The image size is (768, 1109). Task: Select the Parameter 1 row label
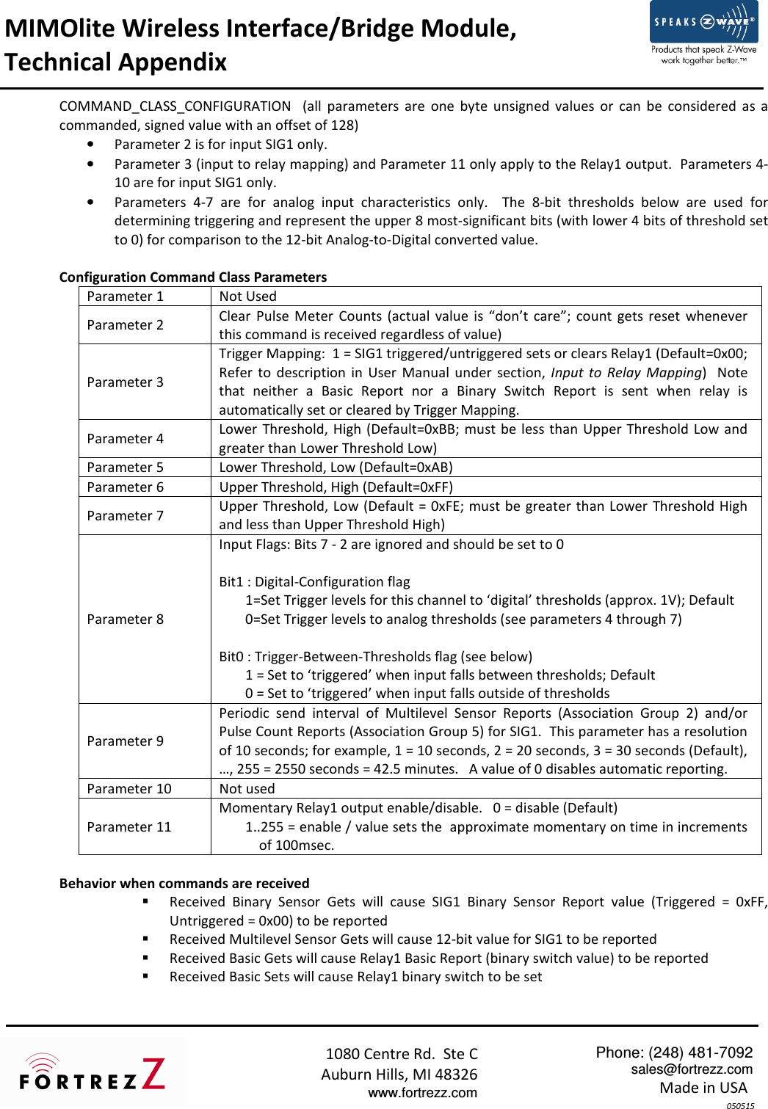coord(126,297)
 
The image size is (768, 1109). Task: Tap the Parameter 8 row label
coord(126,619)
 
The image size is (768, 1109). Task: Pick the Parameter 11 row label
coord(129,827)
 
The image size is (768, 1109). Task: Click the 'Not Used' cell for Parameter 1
coord(248,297)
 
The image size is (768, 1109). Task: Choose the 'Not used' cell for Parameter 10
coord(247,789)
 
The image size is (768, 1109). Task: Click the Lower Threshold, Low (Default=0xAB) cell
coord(336,468)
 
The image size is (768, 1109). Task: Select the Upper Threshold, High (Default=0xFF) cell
coord(336,487)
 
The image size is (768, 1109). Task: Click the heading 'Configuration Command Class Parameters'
coord(193,277)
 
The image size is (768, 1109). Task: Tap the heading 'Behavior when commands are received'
coord(184,884)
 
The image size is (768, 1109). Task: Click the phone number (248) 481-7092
coord(700,1052)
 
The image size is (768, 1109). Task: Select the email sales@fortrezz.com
coord(692,1069)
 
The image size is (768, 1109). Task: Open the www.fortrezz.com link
coord(422,1093)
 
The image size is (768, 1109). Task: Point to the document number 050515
coord(740,1105)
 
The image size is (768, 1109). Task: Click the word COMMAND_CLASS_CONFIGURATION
coord(175,106)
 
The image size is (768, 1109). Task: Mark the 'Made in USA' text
coord(703,1088)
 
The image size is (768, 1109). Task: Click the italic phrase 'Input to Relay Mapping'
coord(627,373)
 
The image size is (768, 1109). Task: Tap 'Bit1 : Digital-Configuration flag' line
coord(314,582)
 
